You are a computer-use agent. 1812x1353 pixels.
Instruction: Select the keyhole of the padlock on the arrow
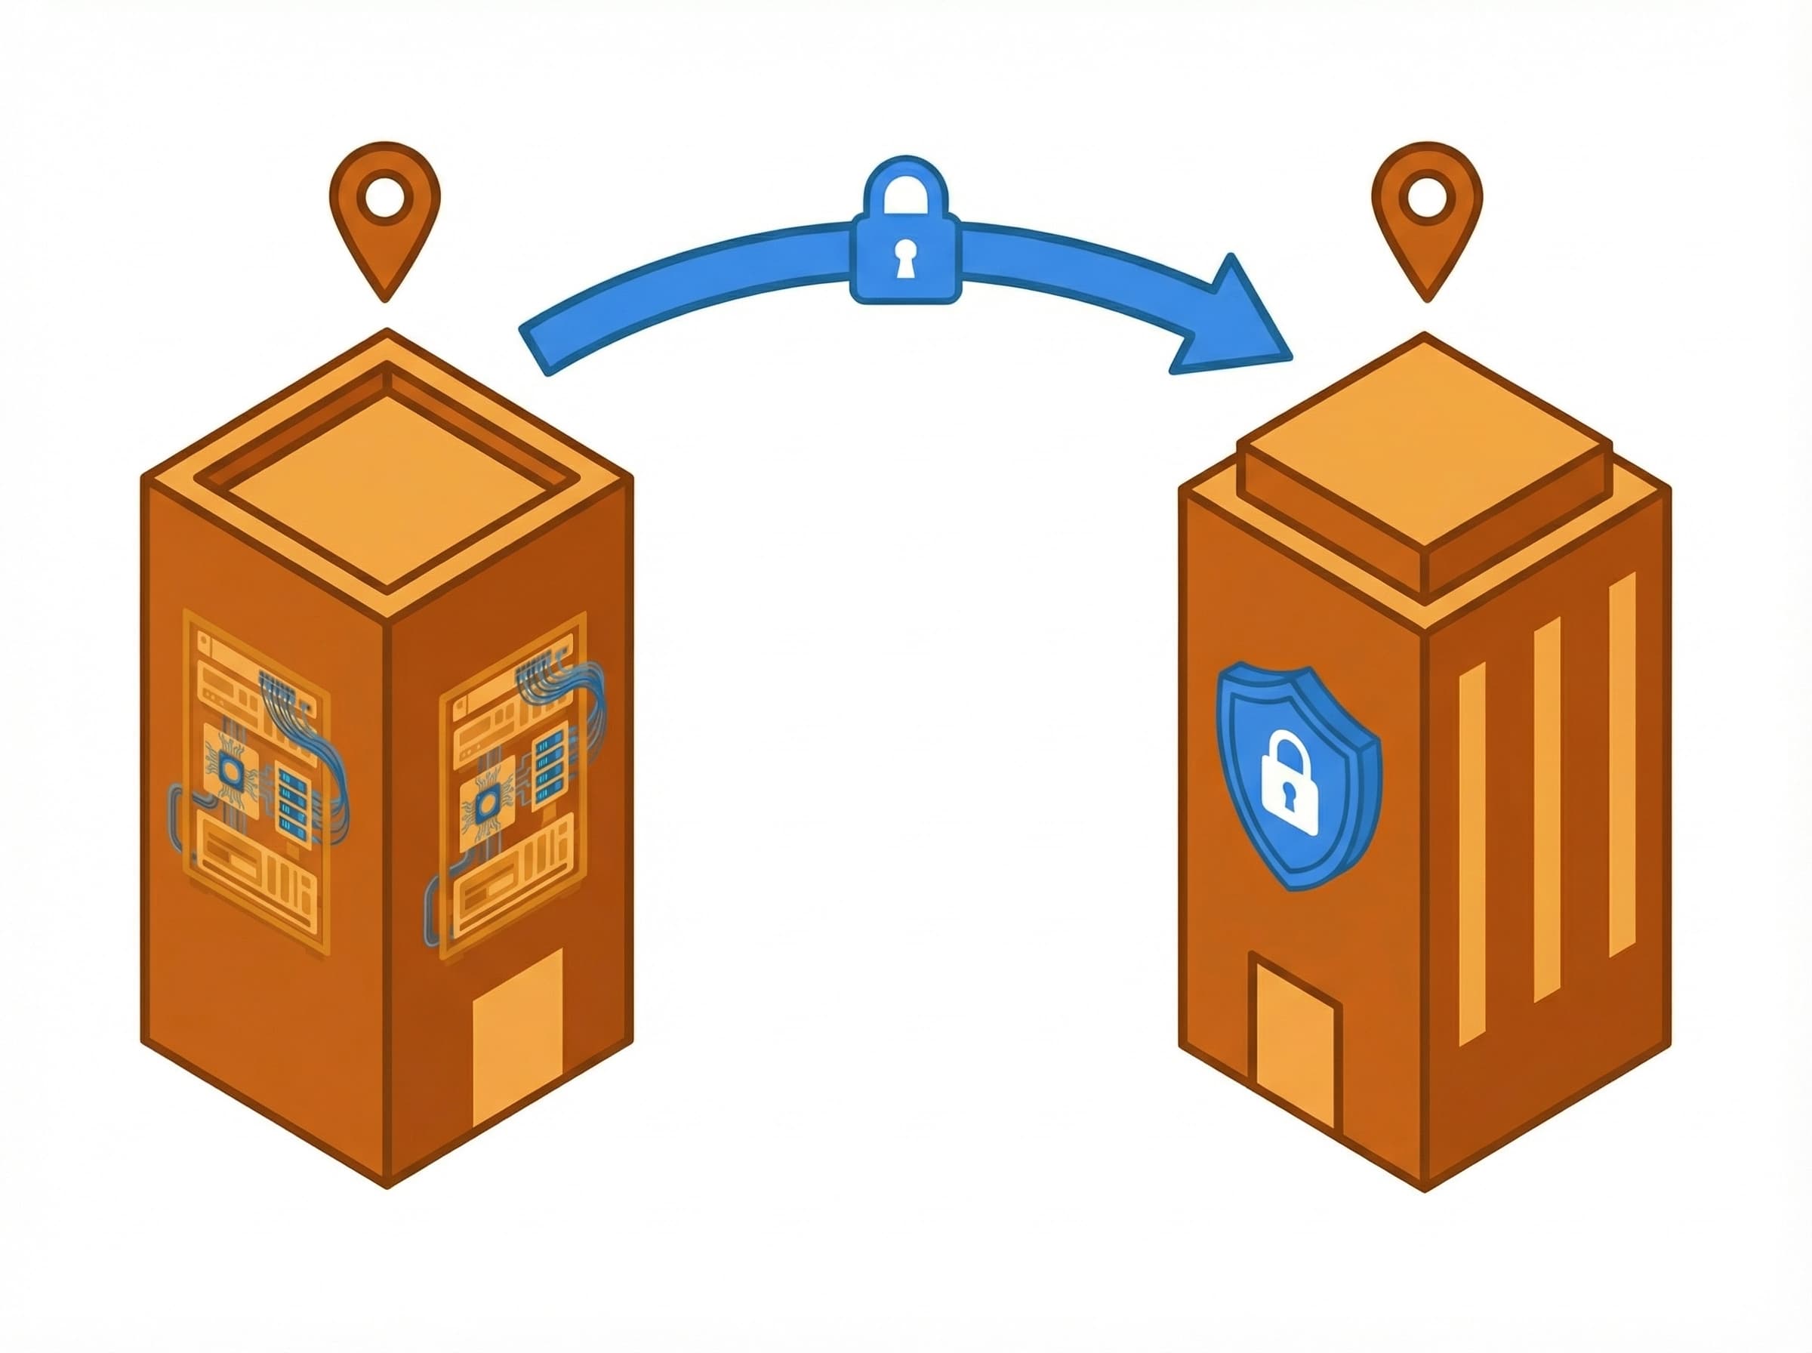[x=904, y=260]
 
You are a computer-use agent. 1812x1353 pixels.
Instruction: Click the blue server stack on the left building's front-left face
[x=293, y=803]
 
